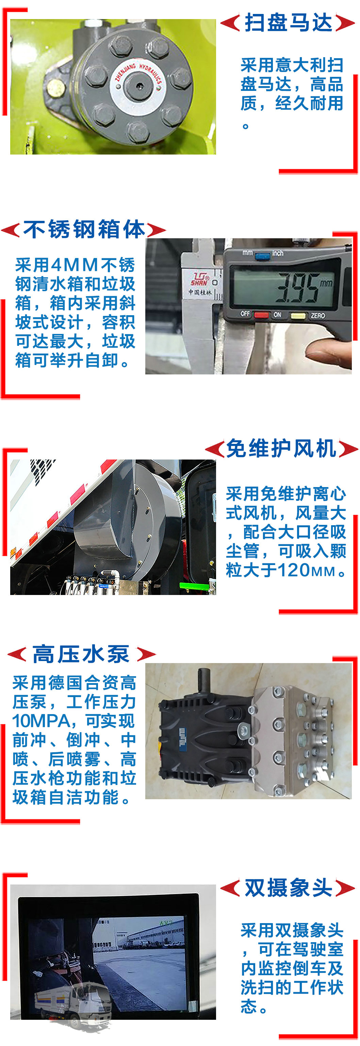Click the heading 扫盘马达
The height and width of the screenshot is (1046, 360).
(288, 23)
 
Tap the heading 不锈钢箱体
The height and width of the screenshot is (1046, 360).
(84, 229)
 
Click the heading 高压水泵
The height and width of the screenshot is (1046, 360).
(81, 654)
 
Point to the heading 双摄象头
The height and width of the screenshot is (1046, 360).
(288, 888)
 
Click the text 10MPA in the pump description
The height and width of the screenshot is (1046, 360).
(42, 722)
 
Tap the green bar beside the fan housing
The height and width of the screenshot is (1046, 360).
(193, 586)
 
